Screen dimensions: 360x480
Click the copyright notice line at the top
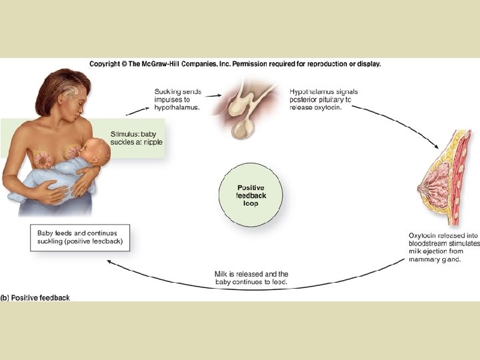point(235,64)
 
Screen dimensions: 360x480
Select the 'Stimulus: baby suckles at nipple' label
point(136,137)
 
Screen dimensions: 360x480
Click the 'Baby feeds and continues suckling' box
point(80,237)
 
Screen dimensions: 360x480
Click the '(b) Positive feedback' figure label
point(35,297)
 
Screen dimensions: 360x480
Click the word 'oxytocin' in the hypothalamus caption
point(327,109)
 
